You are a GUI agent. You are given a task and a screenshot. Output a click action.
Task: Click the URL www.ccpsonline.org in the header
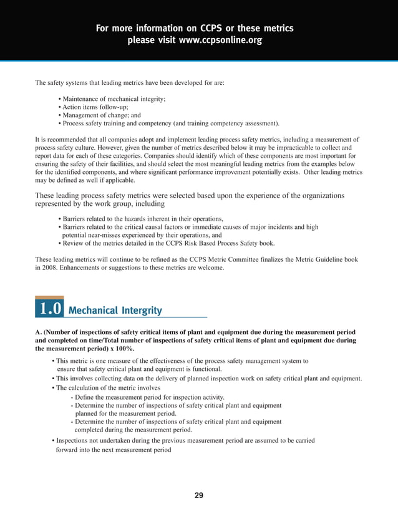[221, 41]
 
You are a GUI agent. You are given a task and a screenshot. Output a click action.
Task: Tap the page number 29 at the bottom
[198, 496]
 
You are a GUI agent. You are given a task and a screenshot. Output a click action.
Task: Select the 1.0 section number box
[49, 309]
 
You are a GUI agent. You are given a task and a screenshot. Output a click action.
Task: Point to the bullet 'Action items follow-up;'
[93, 107]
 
